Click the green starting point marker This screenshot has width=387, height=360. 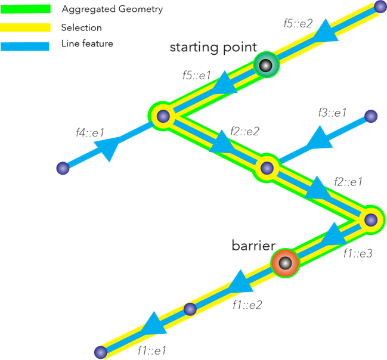[266, 65]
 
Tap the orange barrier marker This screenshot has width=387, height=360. [285, 263]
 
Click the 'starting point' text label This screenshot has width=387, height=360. [213, 47]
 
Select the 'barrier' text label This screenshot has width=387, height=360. [253, 246]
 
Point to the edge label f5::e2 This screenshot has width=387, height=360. [298, 24]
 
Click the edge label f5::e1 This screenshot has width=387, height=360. [197, 76]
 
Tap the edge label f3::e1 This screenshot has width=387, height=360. [333, 113]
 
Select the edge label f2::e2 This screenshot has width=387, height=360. [244, 131]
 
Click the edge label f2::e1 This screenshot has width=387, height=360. [348, 181]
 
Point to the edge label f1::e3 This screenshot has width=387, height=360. [358, 253]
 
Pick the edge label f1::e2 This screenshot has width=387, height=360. [247, 304]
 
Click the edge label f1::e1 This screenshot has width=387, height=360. [152, 350]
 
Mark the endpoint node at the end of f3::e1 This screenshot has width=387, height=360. [371, 116]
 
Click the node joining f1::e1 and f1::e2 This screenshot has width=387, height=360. [190, 309]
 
